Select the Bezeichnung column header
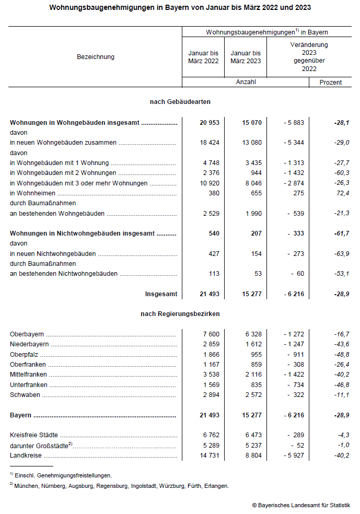[x=95, y=57]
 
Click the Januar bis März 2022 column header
[x=203, y=57]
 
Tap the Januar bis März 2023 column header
[x=246, y=57]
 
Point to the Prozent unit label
[x=331, y=83]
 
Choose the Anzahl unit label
[x=246, y=83]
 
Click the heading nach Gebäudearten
[x=180, y=101]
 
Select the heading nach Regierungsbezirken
[x=180, y=314]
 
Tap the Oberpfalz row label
[x=24, y=354]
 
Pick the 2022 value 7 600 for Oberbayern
[x=210, y=334]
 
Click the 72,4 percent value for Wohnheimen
[x=342, y=193]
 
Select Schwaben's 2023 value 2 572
[x=251, y=395]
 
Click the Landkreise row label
[x=24, y=456]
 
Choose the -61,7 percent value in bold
[x=341, y=233]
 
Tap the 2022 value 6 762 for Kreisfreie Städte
[x=210, y=435]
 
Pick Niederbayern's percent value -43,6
[x=341, y=344]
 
